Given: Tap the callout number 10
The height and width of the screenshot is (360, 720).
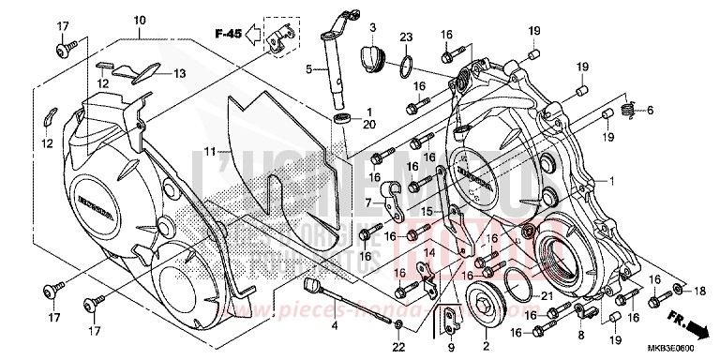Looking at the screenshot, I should pos(140,21).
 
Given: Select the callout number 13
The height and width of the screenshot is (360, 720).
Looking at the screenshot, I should pos(176,72).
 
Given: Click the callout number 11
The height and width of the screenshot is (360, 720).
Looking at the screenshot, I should pos(211,151).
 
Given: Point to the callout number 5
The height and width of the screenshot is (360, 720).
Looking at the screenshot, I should pos(307,67).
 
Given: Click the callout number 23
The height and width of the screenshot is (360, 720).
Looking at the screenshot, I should pos(405,37).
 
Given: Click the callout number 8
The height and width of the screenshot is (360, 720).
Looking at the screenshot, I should pos(580,334).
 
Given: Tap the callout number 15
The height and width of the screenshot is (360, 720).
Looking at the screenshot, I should pos(427,213).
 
